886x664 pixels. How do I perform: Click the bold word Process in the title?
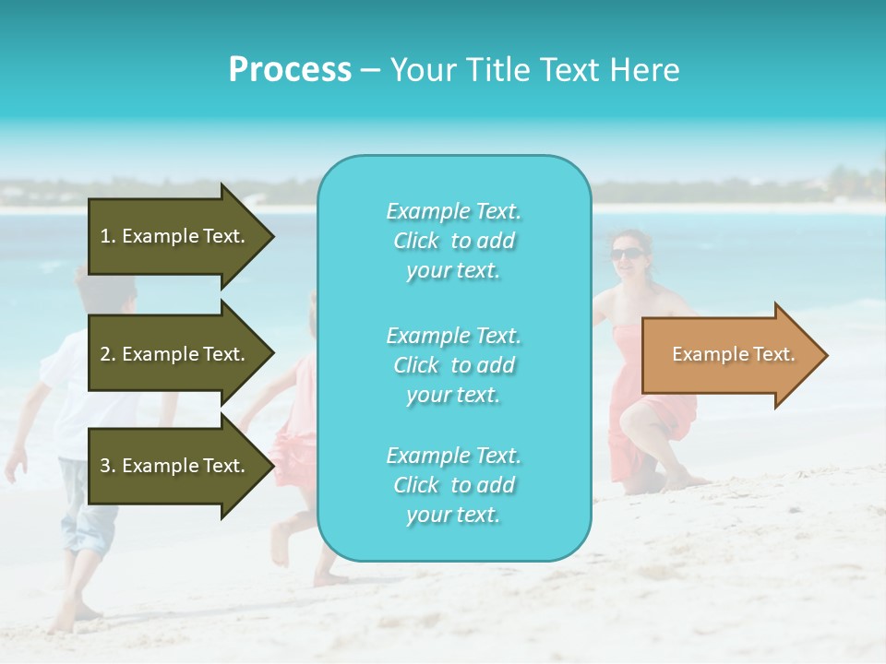tap(290, 70)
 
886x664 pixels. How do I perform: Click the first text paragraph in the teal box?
tap(453, 241)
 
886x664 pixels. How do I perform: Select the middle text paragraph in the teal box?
tap(453, 365)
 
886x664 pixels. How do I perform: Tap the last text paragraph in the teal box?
tap(453, 485)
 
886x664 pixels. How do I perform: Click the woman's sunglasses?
tap(627, 254)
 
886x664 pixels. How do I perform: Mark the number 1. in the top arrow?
tap(107, 236)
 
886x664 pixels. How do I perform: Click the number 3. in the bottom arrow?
tap(107, 466)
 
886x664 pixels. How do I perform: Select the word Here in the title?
tap(646, 70)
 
